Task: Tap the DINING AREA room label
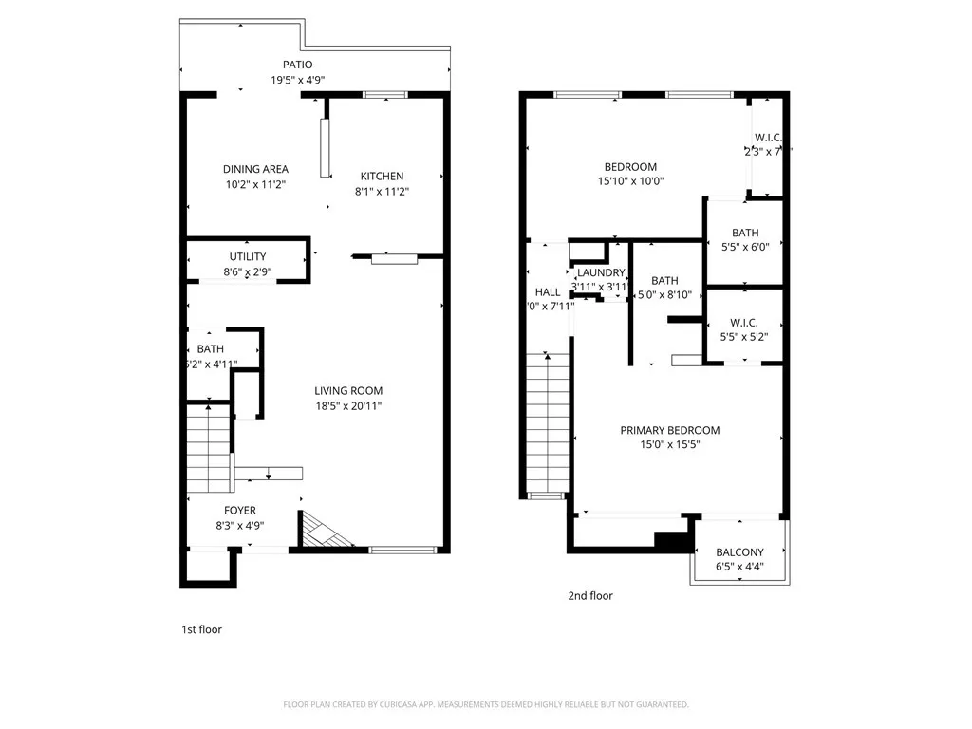pos(255,170)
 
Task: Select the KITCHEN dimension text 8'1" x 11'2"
pos(382,191)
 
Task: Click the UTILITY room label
pos(248,256)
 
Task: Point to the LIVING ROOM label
pos(348,391)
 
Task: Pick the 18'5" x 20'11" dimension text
pos(348,406)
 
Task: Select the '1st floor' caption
pos(201,629)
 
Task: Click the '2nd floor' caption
pos(590,596)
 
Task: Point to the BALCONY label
pos(739,552)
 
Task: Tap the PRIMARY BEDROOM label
pos(669,430)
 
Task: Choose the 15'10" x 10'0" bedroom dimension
pos(630,181)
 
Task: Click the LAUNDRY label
pos(601,272)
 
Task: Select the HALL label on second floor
pos(548,291)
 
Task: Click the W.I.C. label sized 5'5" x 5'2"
pos(744,322)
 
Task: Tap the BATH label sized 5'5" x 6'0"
pos(744,233)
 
